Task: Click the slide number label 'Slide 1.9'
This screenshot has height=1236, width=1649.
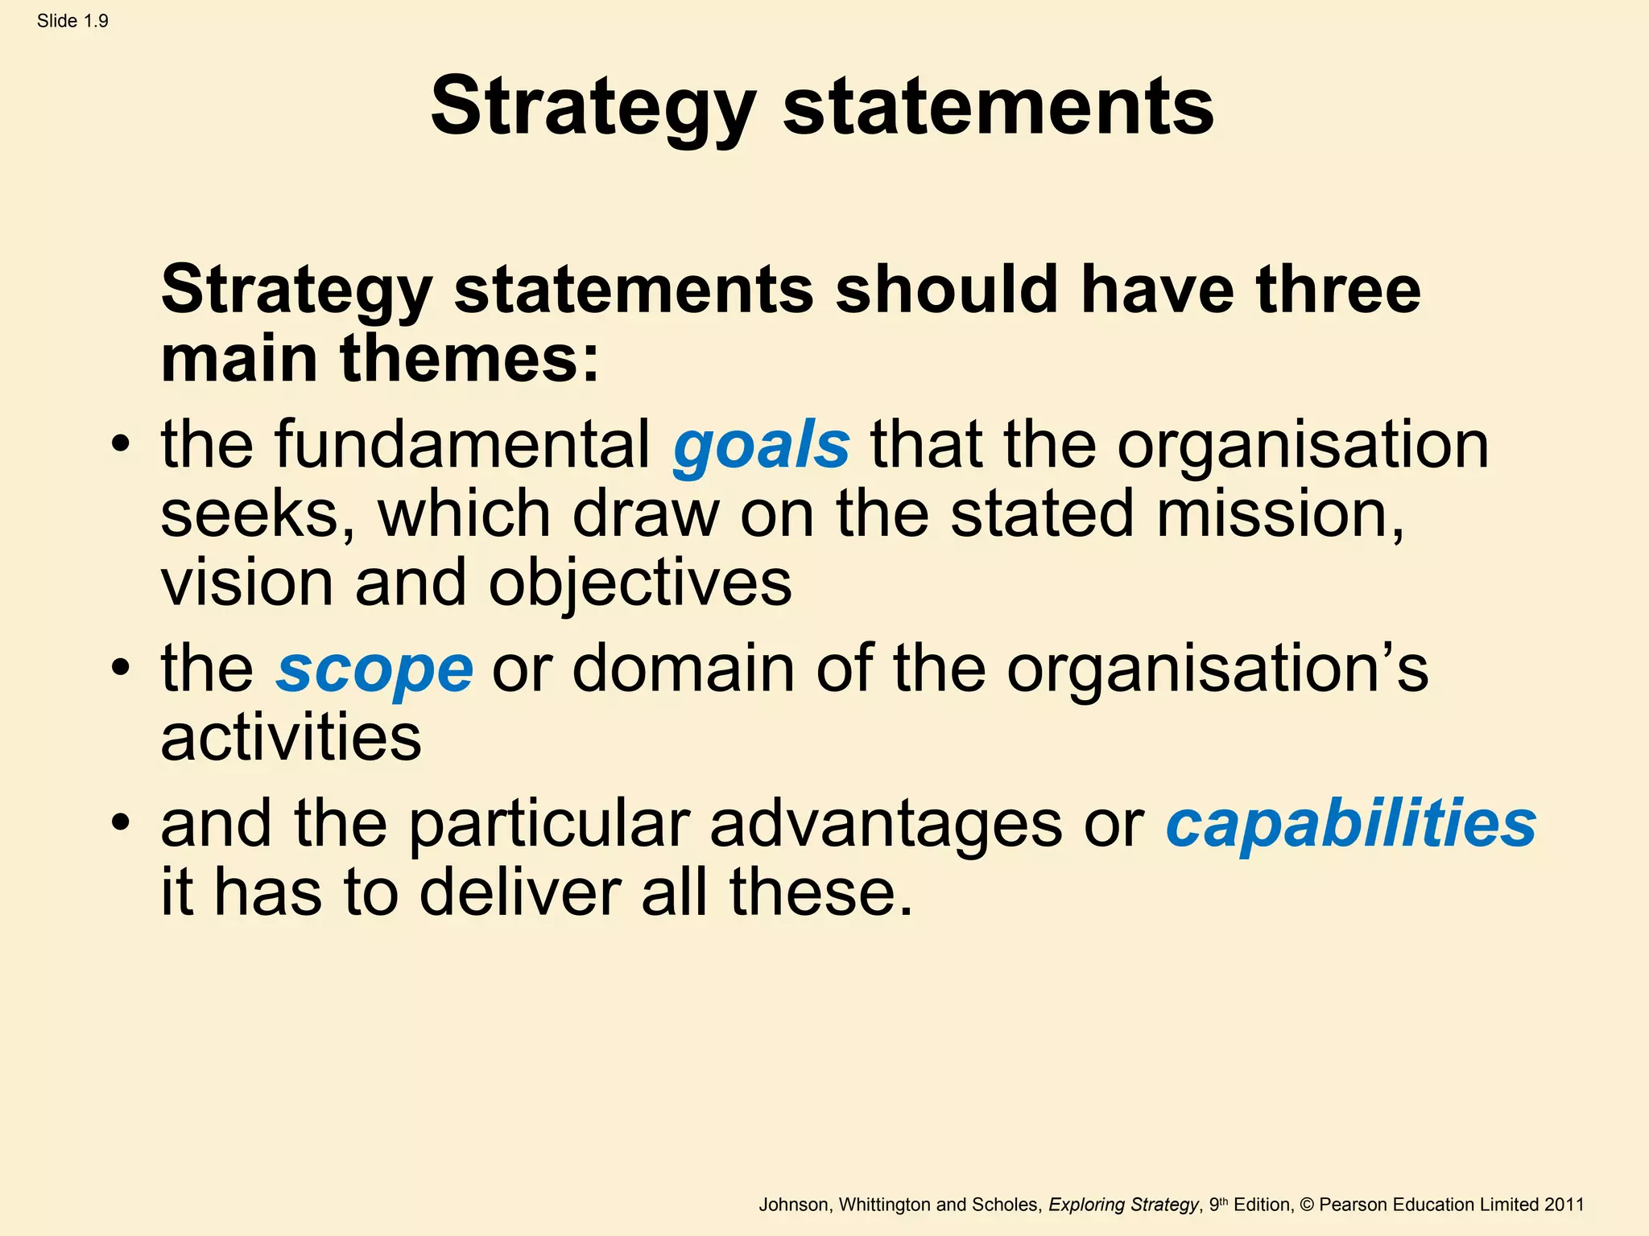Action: tap(72, 22)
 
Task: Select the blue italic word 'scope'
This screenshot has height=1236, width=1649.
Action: tap(374, 669)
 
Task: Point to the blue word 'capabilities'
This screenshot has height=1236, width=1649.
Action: tap(1351, 824)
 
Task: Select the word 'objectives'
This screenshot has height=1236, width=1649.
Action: tap(640, 583)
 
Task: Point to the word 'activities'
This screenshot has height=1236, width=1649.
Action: tap(291, 738)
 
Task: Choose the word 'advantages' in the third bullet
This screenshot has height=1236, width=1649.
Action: tap(886, 824)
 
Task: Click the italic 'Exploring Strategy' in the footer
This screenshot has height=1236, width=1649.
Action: tap(1123, 1205)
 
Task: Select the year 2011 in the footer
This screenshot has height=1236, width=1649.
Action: tap(1564, 1205)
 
